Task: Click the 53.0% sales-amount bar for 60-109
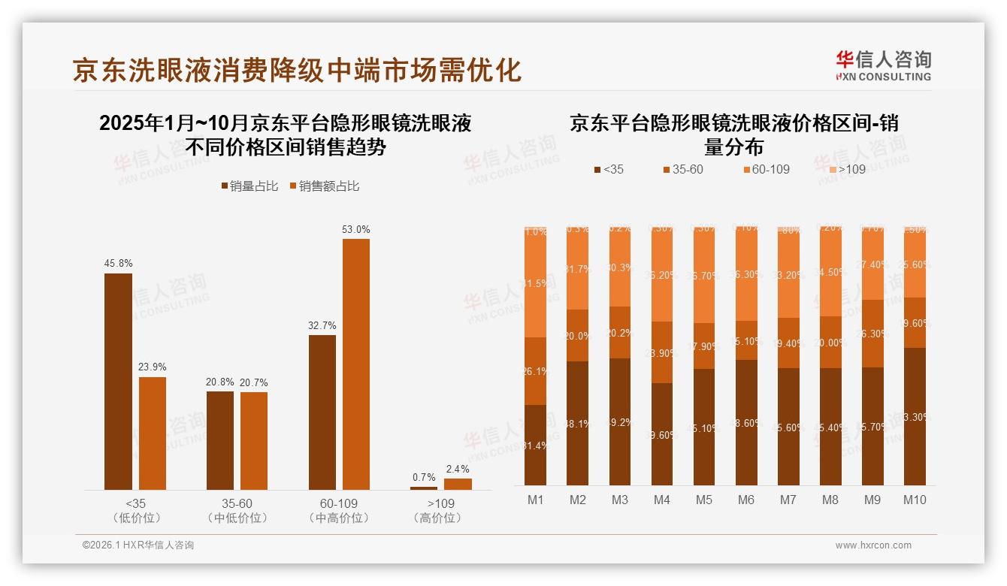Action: [x=356, y=364]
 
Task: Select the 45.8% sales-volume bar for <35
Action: [x=118, y=382]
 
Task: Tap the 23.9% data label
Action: [x=153, y=367]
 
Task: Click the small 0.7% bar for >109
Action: [x=424, y=488]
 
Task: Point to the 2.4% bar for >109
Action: [x=458, y=485]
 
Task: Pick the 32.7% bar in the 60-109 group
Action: [x=322, y=412]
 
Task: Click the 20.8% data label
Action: [x=220, y=382]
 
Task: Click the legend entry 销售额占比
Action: [x=324, y=186]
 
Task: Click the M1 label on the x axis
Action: [x=535, y=500]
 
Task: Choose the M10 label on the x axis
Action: [x=915, y=500]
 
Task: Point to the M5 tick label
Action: [x=704, y=500]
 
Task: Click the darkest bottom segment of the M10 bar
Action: [x=915, y=417]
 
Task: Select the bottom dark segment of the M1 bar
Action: [x=535, y=445]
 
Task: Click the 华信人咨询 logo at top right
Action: [x=883, y=65]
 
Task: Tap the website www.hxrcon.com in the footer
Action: [x=873, y=545]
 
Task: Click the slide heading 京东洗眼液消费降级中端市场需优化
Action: [x=297, y=70]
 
